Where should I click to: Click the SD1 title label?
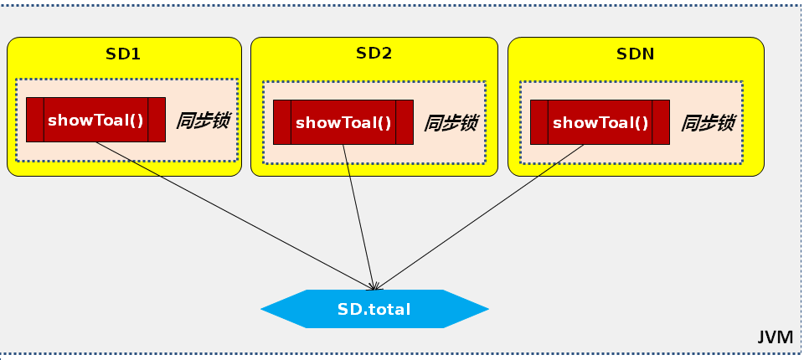tap(123, 54)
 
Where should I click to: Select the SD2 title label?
tap(374, 54)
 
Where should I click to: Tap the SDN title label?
tap(635, 54)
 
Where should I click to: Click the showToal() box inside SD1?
tap(95, 120)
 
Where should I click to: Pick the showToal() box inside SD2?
tap(343, 122)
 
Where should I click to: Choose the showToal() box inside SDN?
tap(600, 122)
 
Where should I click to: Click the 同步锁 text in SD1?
tap(203, 121)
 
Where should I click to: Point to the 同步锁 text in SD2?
tap(451, 123)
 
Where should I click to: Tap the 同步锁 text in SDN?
tap(708, 123)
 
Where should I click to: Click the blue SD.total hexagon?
tap(374, 309)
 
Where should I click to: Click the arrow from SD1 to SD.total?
tap(234, 213)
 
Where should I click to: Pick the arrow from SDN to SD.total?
tap(482, 213)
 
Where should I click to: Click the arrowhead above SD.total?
tap(375, 285)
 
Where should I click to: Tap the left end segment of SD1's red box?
tap(35, 120)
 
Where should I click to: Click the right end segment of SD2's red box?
tap(405, 122)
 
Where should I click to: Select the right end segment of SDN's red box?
tap(661, 122)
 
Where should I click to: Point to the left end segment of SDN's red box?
tap(539, 122)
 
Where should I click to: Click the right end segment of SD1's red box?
tap(157, 120)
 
